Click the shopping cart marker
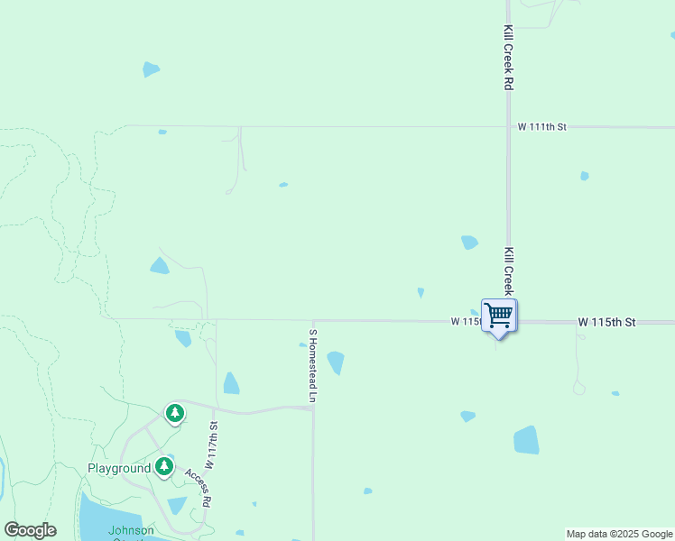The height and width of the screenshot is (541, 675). click(x=498, y=316)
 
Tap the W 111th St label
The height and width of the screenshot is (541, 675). click(x=541, y=127)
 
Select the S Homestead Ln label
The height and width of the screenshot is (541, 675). click(x=313, y=365)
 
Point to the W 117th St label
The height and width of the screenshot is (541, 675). click(x=213, y=446)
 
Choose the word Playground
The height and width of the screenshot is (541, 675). click(x=119, y=469)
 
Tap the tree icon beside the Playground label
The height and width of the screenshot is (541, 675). click(x=163, y=466)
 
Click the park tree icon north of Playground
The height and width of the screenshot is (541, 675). click(x=174, y=413)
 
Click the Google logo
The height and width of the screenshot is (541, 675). click(x=30, y=530)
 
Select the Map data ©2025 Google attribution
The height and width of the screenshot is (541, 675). click(x=619, y=534)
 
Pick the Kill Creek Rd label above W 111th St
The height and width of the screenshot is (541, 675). click(x=509, y=57)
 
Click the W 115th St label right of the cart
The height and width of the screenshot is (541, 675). click(x=607, y=322)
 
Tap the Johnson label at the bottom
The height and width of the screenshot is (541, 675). click(x=132, y=530)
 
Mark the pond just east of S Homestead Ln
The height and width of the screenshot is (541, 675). click(x=336, y=362)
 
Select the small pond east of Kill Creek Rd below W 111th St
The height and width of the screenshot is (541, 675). click(x=585, y=176)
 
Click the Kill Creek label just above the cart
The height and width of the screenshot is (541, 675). click(x=509, y=270)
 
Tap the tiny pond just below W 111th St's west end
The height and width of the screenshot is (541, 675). click(x=162, y=133)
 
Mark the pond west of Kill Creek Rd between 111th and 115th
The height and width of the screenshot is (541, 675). click(x=469, y=242)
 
